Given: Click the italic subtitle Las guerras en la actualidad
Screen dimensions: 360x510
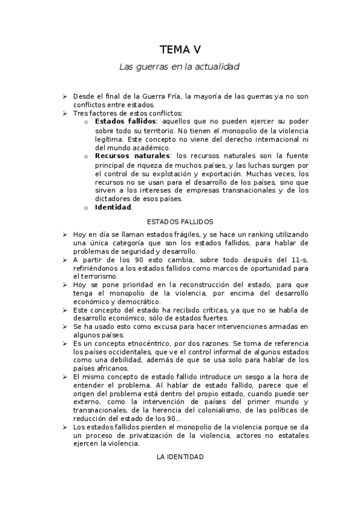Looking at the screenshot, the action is pyautogui.click(x=180, y=67).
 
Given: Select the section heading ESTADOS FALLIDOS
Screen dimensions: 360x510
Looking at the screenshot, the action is pyautogui.click(x=180, y=221).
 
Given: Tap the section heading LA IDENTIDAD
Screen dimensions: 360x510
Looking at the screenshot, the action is pyautogui.click(x=180, y=457).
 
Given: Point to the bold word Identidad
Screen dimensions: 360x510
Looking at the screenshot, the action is pyautogui.click(x=113, y=207).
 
